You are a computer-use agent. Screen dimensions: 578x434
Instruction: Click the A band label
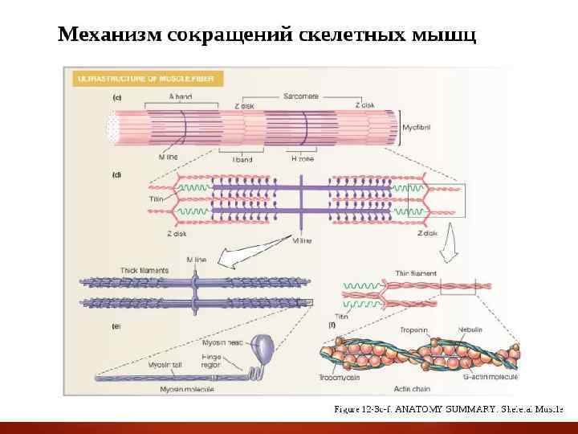pyautogui.click(x=181, y=96)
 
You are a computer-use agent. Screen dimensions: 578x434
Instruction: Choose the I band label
pyautogui.click(x=242, y=159)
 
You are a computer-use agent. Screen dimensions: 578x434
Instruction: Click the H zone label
pyautogui.click(x=302, y=159)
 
